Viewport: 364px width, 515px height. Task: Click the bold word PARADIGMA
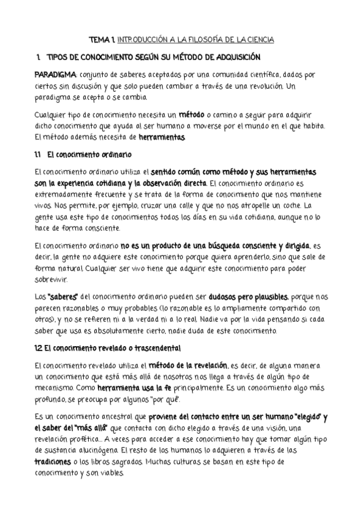pos(55,74)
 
